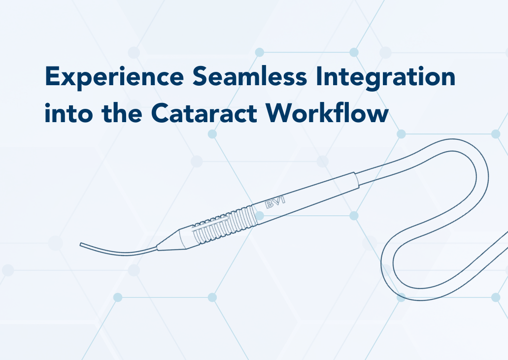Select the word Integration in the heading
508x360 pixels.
click(x=385, y=78)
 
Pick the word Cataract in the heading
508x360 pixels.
click(x=204, y=113)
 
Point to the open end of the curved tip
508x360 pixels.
click(x=81, y=245)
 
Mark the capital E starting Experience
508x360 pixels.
click(x=53, y=76)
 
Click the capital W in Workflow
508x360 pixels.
click(x=281, y=113)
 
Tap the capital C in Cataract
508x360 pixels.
click(x=160, y=113)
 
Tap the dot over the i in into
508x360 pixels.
click(x=48, y=105)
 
